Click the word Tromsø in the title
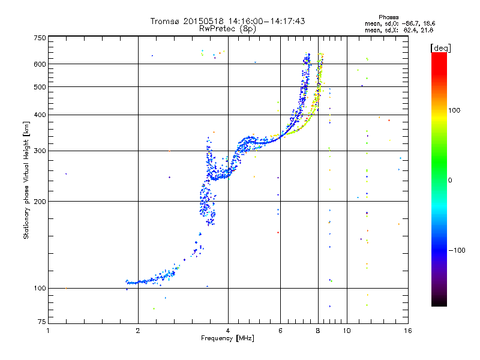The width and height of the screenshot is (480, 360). tap(165, 21)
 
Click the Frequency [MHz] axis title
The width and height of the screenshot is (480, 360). tap(228, 338)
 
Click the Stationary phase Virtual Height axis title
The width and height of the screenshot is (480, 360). tap(26, 180)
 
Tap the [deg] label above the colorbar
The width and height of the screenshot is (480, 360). tap(441, 47)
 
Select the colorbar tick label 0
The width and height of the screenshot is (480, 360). tap(451, 180)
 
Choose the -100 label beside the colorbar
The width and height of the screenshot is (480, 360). tap(456, 250)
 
